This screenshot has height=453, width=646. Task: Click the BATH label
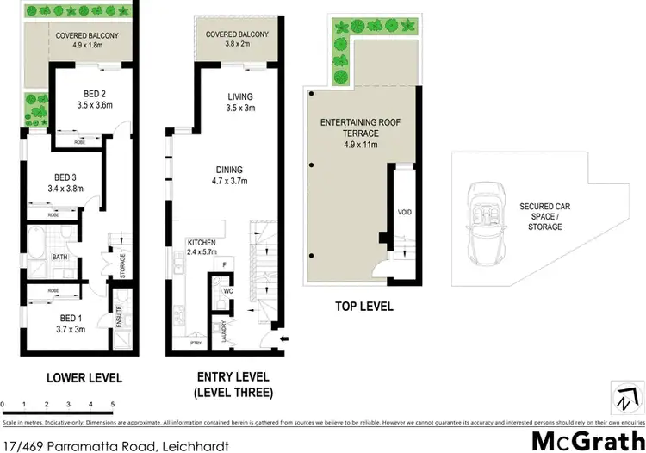[59, 257]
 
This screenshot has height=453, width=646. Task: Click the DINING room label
[229, 171]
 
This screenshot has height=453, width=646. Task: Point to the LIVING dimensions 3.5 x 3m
[228, 109]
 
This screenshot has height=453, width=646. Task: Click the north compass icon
[626, 400]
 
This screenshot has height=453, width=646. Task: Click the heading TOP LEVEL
[363, 307]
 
